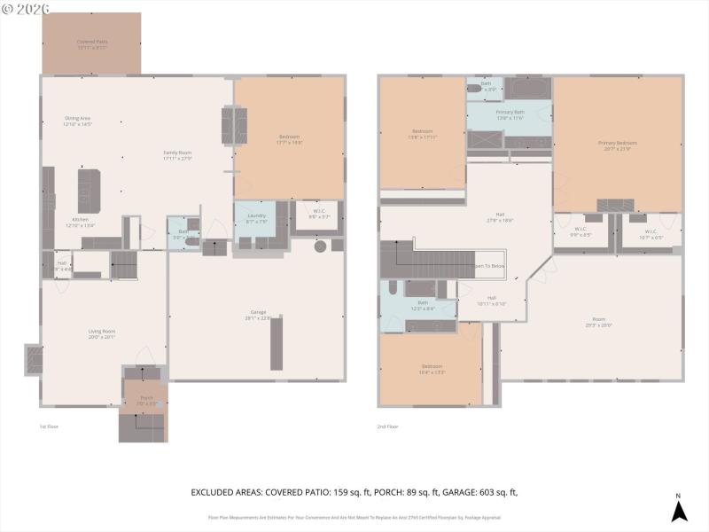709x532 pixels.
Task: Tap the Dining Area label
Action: tap(77, 119)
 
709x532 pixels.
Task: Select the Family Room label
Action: tap(177, 153)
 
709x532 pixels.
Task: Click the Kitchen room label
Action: tap(80, 220)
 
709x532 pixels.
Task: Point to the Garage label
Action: tap(257, 313)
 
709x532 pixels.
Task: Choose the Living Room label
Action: tap(102, 332)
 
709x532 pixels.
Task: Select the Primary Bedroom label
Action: tap(617, 144)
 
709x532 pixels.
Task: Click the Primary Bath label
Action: tap(510, 113)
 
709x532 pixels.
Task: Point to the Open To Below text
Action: tap(489, 266)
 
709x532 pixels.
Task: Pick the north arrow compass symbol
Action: tap(678, 510)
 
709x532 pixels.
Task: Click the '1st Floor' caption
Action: tap(49, 426)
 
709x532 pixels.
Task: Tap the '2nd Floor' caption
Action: tap(387, 426)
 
